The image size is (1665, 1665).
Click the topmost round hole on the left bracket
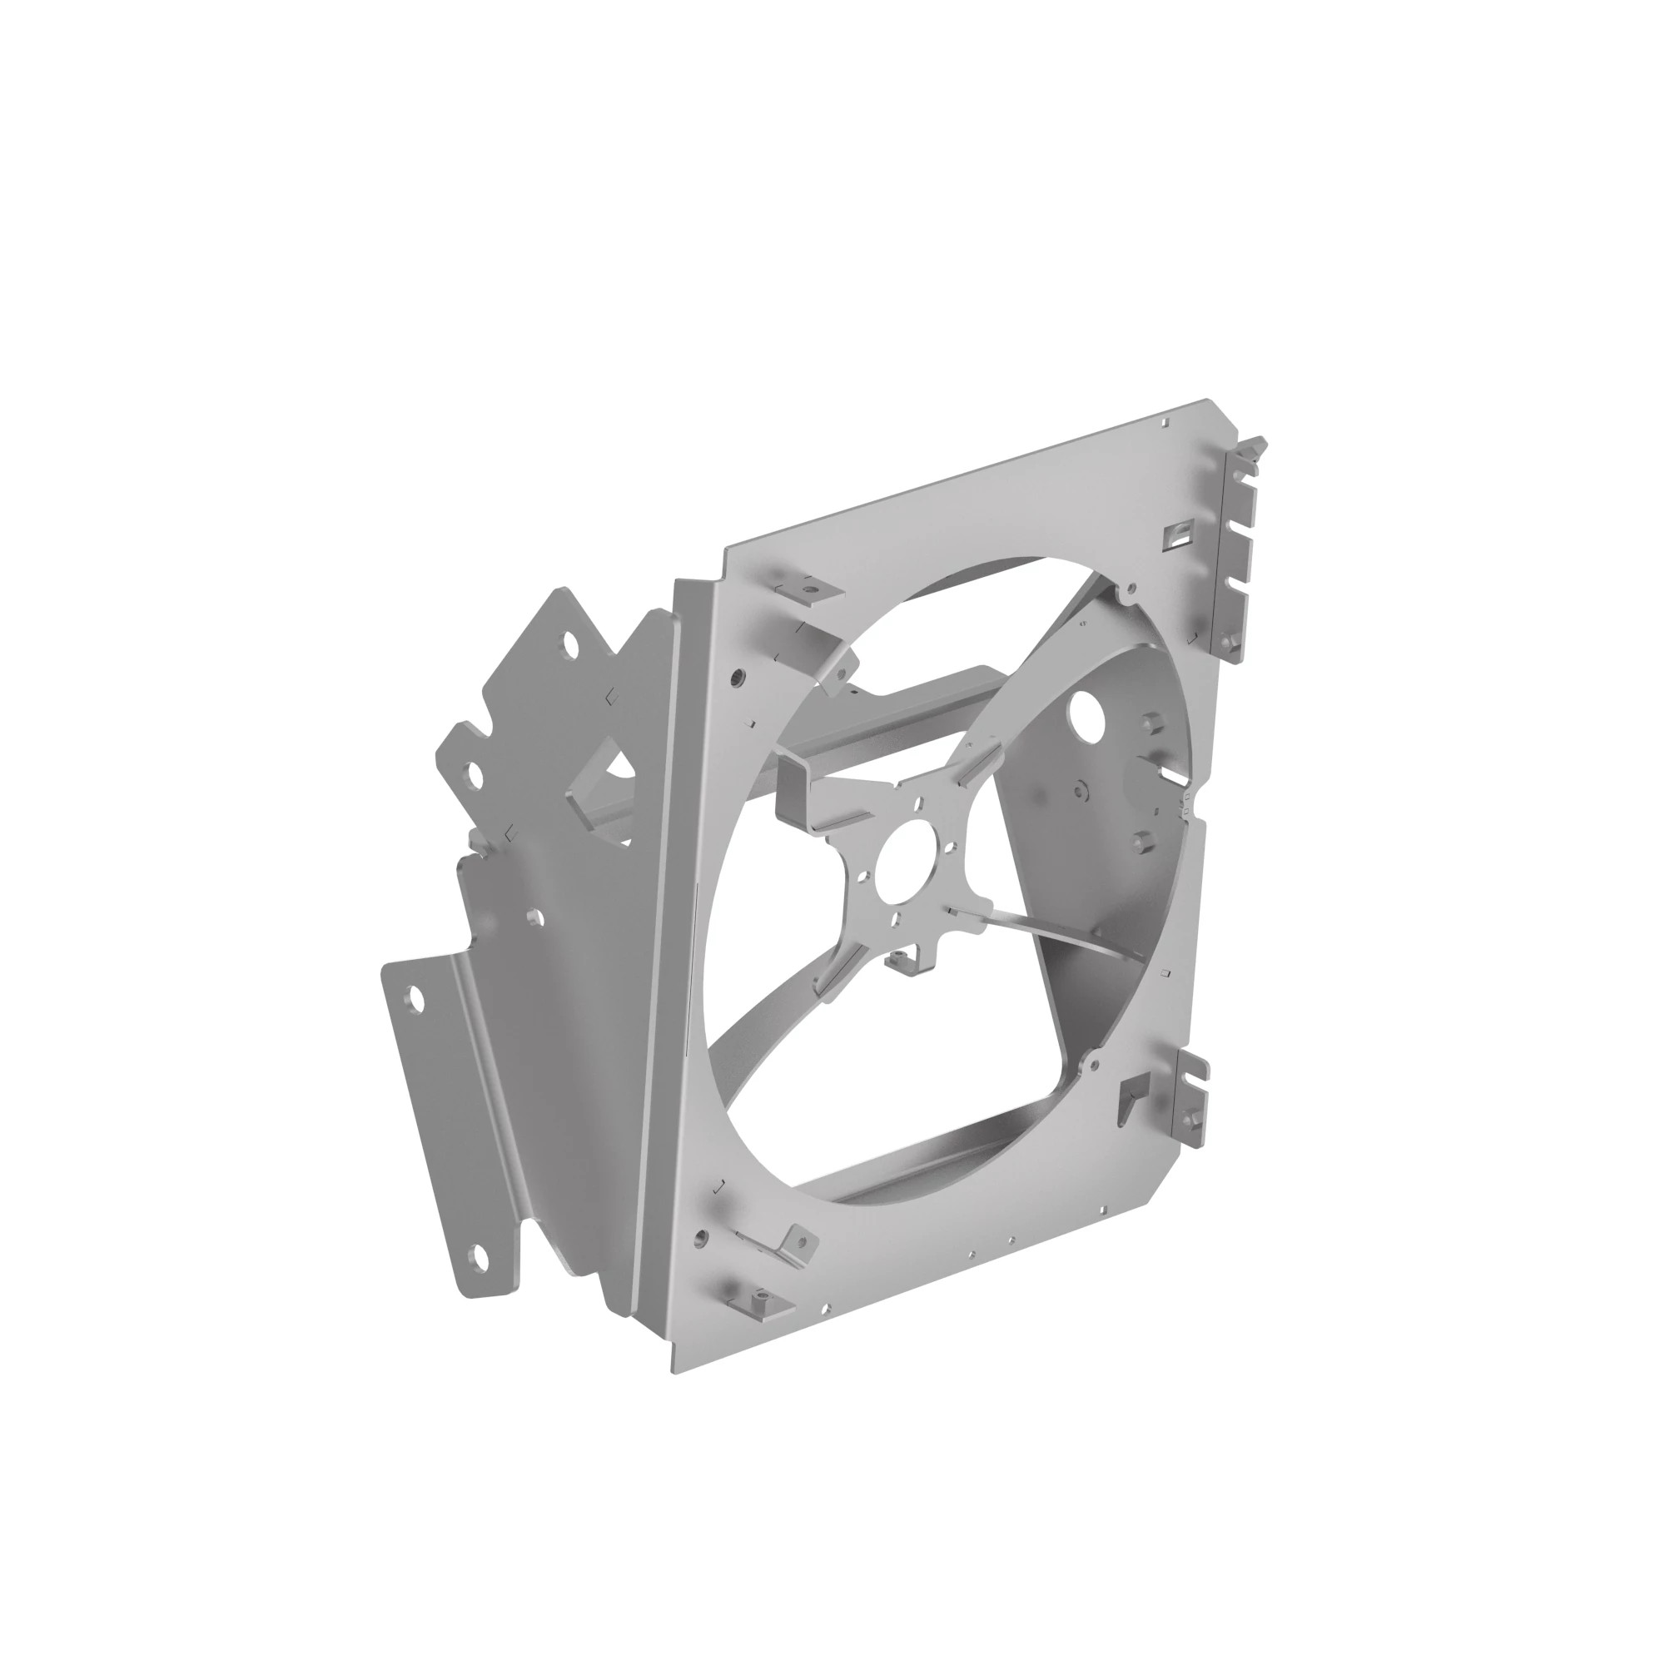point(569,644)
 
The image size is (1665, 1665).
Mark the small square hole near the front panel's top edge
point(1165,423)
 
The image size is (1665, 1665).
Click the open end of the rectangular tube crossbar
point(793,788)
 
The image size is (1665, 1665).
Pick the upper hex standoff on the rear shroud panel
point(1150,719)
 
